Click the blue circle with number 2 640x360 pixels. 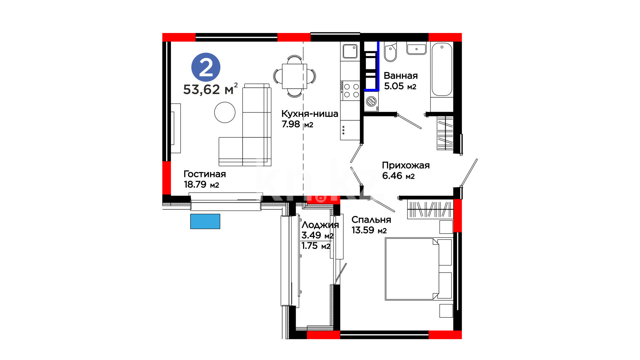[x=206, y=67]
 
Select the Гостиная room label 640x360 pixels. [x=205, y=174]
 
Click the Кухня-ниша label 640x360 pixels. [x=310, y=114]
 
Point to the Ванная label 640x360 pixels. [x=401, y=76]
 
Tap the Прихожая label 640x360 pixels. [x=406, y=165]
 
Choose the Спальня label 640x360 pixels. [x=371, y=220]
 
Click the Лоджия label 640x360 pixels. [x=320, y=225]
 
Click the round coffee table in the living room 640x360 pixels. [x=225, y=112]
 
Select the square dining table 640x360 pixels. [x=294, y=76]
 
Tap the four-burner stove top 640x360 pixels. [x=350, y=91]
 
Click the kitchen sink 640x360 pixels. [x=350, y=51]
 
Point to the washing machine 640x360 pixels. [x=371, y=101]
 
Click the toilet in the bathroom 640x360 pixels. [x=390, y=52]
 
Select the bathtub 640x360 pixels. [x=442, y=69]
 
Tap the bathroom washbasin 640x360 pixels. [x=416, y=48]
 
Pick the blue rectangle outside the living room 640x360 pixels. [x=205, y=221]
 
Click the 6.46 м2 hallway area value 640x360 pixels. [x=398, y=176]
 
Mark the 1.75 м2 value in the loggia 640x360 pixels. [x=316, y=246]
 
